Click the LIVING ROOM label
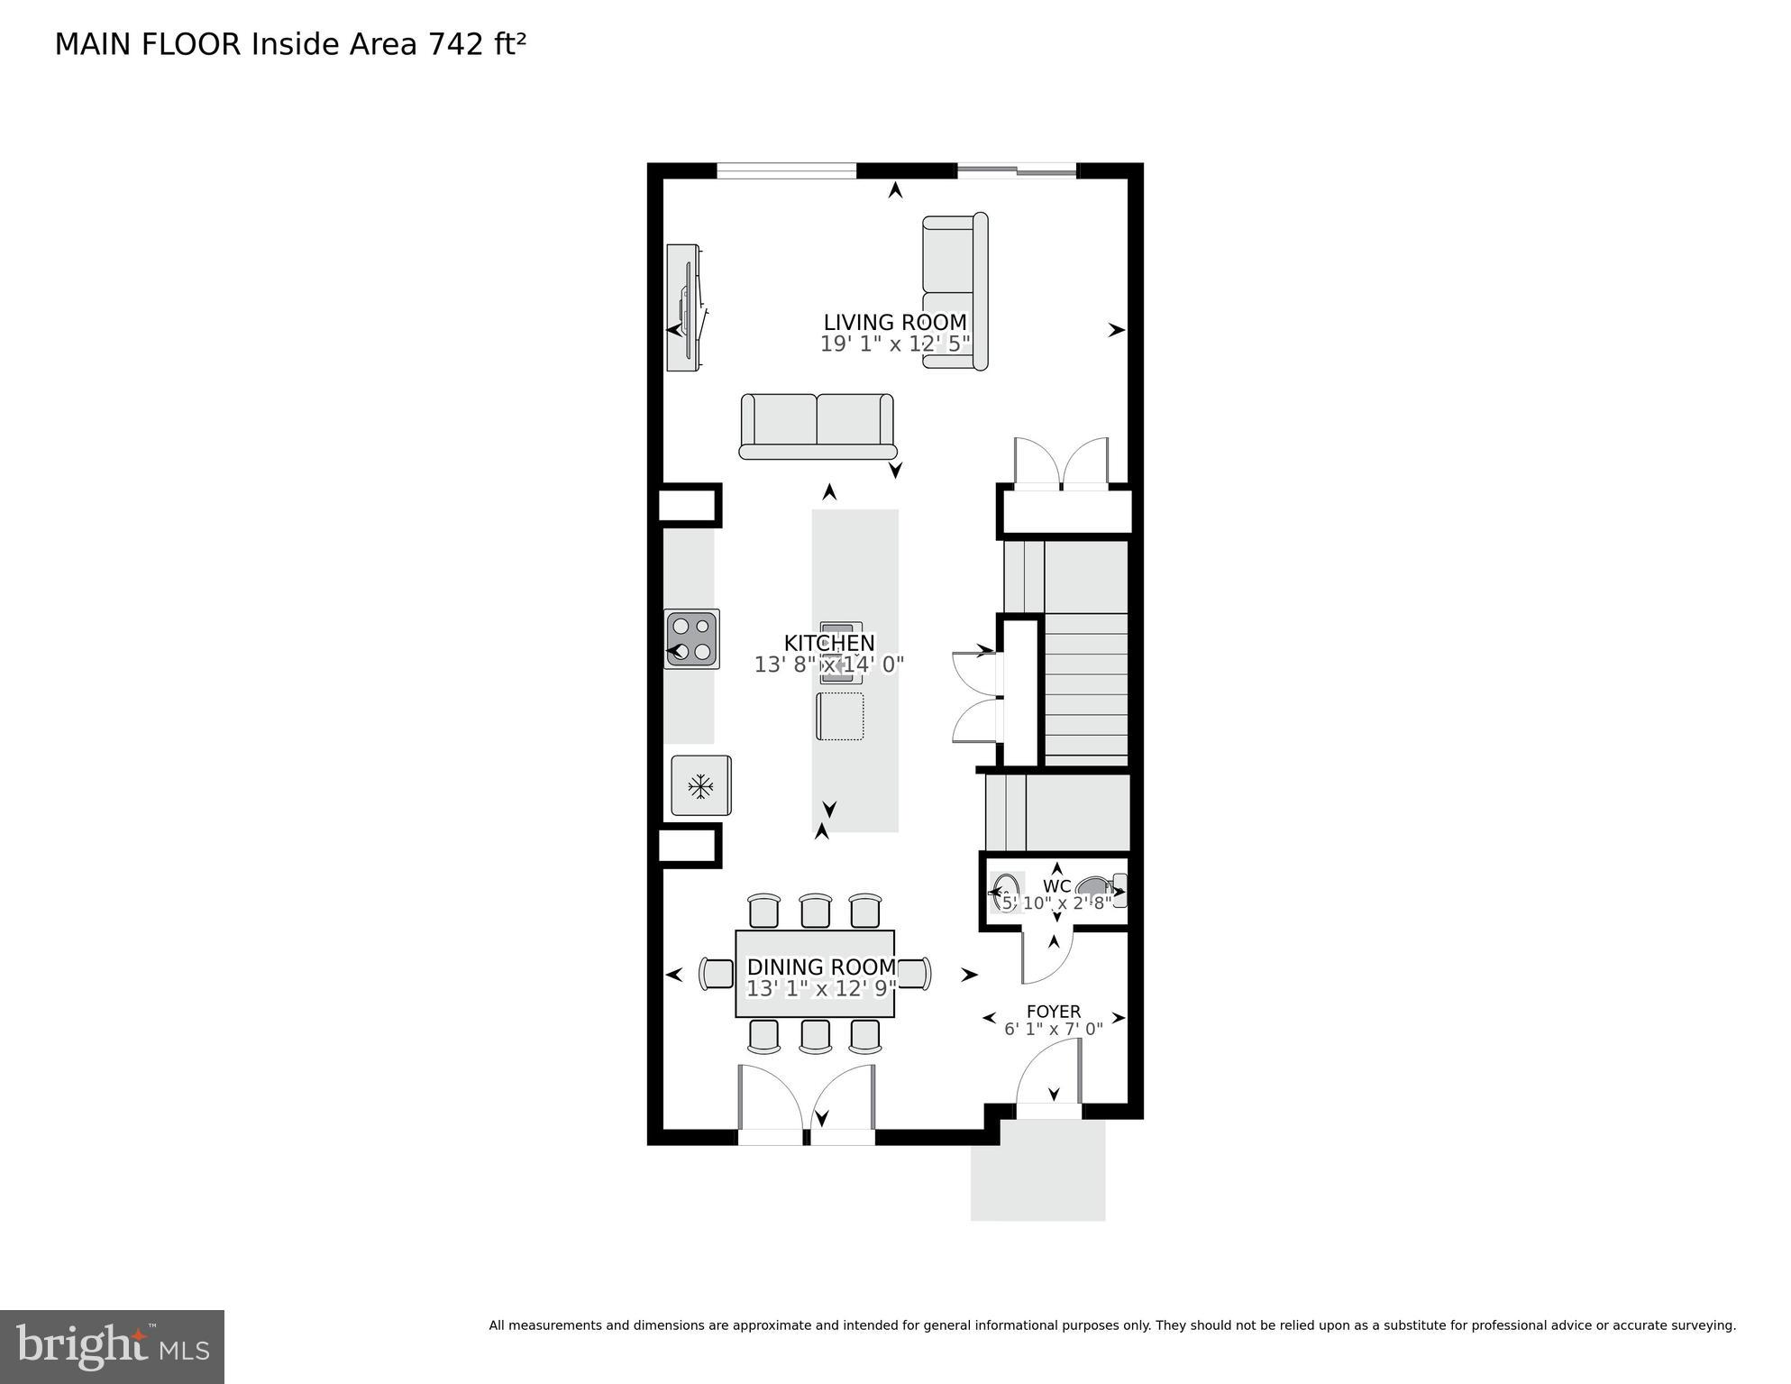point(894,322)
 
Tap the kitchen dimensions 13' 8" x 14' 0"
point(828,665)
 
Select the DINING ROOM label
point(821,967)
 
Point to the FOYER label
point(1053,1012)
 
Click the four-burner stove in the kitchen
point(692,638)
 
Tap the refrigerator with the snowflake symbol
point(701,785)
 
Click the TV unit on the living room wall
point(685,307)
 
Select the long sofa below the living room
point(817,426)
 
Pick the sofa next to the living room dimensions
point(955,290)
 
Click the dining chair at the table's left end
point(718,974)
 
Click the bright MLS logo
point(112,1346)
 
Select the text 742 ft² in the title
point(477,44)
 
